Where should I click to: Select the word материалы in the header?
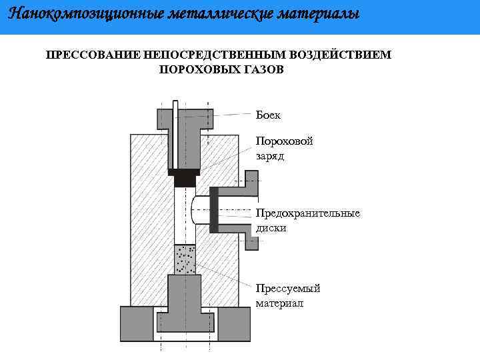click(312, 13)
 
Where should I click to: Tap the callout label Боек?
click(268, 115)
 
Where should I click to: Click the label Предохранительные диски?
click(307, 220)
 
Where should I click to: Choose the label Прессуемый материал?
click(288, 295)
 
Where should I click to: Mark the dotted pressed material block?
click(185, 259)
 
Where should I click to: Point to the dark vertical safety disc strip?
click(214, 209)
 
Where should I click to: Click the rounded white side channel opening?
click(199, 210)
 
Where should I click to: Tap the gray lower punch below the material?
click(185, 300)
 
